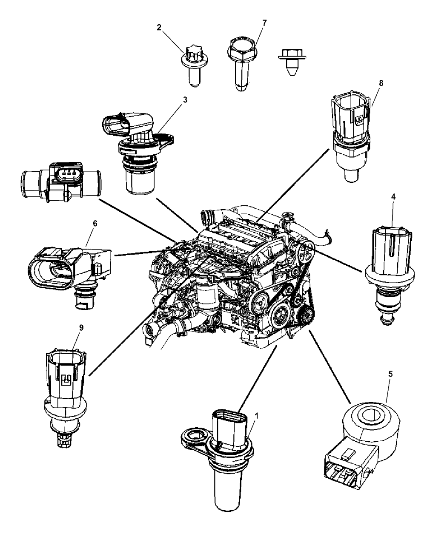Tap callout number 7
coord(264,23)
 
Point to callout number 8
coord(381,83)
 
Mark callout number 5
coord(390,374)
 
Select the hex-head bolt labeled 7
coord(241,64)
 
